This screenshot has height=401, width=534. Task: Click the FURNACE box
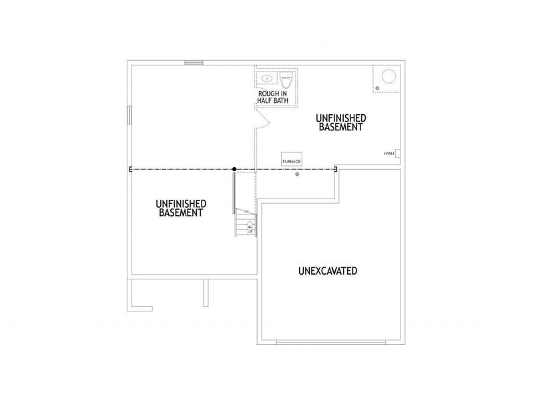[291, 161]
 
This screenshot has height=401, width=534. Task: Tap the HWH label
[388, 154]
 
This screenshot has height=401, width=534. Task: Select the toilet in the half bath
[287, 81]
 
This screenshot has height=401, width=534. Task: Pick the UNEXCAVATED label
[327, 271]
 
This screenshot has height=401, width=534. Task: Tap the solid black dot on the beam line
[234, 169]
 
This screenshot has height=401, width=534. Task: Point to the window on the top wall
[194, 63]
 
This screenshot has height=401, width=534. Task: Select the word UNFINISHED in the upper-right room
[340, 118]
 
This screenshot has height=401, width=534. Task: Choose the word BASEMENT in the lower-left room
[180, 213]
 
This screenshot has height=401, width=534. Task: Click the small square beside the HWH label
[398, 152]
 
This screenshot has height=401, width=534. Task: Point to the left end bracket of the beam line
[131, 169]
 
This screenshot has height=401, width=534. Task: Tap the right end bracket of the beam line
[336, 169]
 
